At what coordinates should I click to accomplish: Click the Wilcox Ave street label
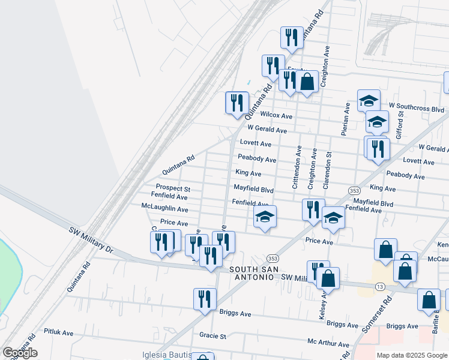click(276, 115)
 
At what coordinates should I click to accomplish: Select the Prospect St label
click(173, 188)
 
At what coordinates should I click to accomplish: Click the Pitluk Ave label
click(59, 332)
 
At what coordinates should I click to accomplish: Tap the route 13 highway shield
click(380, 287)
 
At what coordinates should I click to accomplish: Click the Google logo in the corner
click(20, 353)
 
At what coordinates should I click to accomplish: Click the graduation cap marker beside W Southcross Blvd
click(369, 100)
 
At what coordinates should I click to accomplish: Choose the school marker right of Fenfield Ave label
click(265, 217)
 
